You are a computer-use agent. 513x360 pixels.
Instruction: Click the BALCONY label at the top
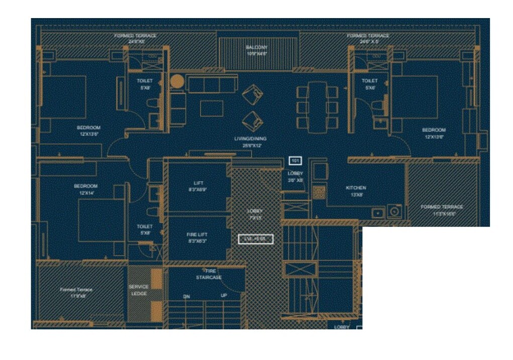pyautogui.click(x=256, y=47)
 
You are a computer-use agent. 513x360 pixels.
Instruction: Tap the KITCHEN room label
pyautogui.click(x=356, y=188)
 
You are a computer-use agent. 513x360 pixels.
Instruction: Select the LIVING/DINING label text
pyautogui.click(x=250, y=139)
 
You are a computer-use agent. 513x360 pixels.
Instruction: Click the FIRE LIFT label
pyautogui.click(x=197, y=234)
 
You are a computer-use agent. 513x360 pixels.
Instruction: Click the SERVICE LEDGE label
pyautogui.click(x=139, y=290)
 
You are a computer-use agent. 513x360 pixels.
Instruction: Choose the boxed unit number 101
pyautogui.click(x=295, y=161)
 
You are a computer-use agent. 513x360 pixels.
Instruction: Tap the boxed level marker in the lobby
pyautogui.click(x=256, y=239)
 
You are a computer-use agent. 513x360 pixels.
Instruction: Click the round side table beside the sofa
pyautogui.click(x=176, y=81)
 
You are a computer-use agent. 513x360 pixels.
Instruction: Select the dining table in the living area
pyautogui.click(x=317, y=107)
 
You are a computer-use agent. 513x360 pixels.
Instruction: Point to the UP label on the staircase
pyautogui.click(x=224, y=295)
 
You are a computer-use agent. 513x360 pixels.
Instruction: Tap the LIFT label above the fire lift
pyautogui.click(x=198, y=183)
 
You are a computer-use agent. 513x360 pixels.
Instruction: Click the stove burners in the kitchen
pyautogui.click(x=318, y=191)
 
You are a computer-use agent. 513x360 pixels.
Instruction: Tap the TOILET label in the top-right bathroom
pyautogui.click(x=369, y=80)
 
